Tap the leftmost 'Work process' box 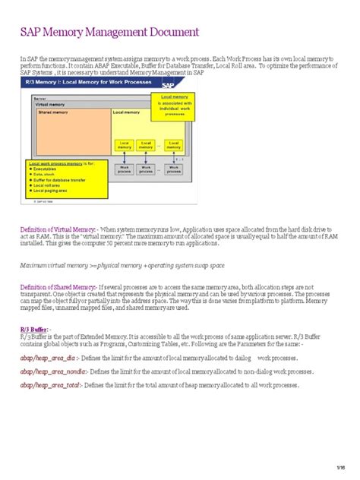pyautogui.click(x=124, y=169)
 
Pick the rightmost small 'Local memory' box pyautogui.click(x=175, y=144)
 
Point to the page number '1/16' pyautogui.click(x=341, y=466)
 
